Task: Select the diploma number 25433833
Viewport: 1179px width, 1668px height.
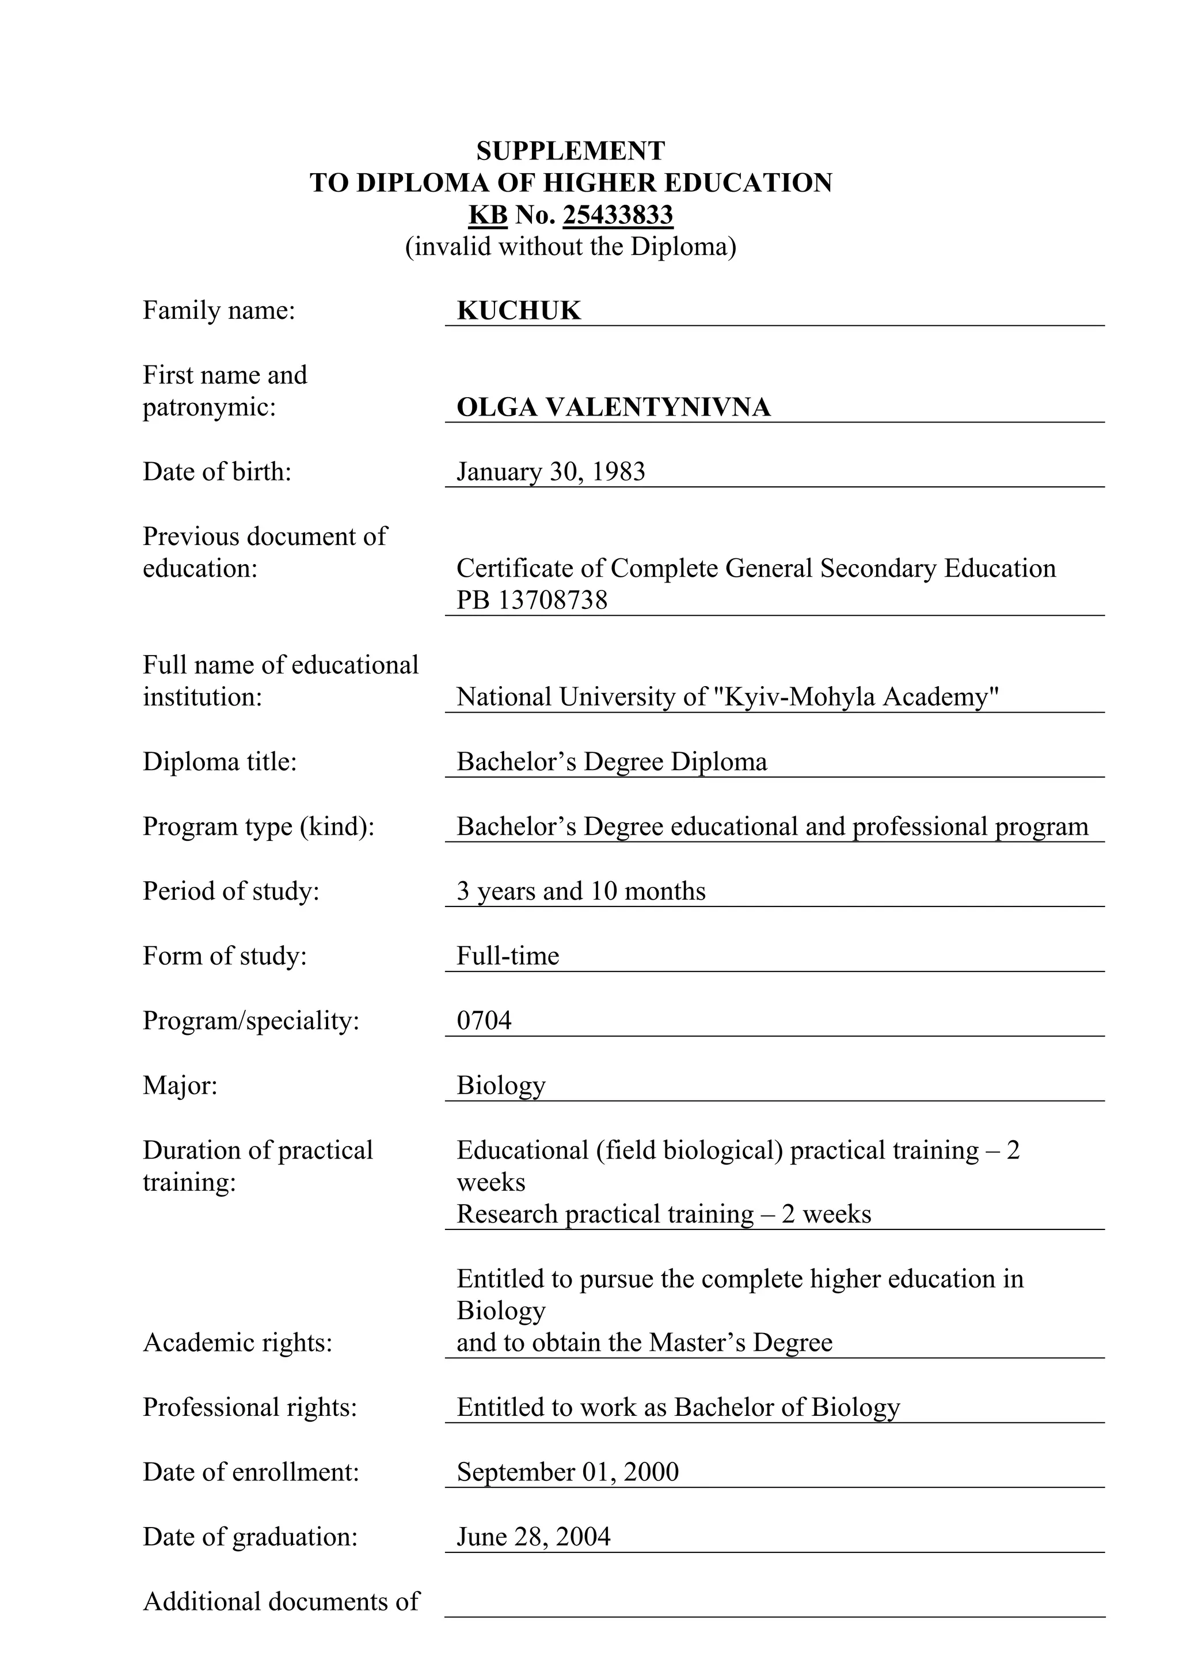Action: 618,215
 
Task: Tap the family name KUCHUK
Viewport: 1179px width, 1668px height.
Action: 519,311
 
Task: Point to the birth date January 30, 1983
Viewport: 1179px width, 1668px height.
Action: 550,472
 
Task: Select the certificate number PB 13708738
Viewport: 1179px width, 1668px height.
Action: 532,601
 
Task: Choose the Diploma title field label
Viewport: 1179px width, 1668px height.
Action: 219,762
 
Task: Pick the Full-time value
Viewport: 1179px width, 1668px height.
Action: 508,956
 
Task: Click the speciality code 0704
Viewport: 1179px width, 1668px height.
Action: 484,1020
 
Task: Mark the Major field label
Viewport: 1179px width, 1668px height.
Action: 180,1086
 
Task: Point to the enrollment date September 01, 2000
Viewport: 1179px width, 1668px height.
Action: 568,1472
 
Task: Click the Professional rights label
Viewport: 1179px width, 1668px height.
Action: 250,1407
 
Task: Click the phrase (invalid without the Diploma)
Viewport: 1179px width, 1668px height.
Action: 571,247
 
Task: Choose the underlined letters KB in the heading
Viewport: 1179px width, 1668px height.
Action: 488,215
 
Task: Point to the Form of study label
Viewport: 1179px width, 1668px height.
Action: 225,956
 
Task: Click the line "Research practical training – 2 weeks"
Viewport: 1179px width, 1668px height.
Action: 663,1214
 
